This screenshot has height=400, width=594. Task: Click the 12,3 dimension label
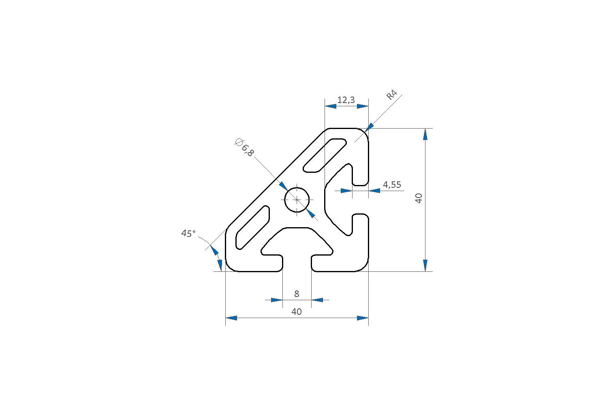(346, 100)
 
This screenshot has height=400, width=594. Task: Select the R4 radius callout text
(392, 95)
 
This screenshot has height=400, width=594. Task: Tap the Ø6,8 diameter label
(244, 147)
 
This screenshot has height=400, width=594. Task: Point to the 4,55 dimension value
(392, 185)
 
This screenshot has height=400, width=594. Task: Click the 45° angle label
(188, 234)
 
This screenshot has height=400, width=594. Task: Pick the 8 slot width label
(297, 294)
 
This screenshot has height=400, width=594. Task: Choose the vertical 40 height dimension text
(419, 198)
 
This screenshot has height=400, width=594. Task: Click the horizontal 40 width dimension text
(297, 312)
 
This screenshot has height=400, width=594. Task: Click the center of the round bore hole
(297, 200)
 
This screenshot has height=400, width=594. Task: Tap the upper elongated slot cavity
(325, 155)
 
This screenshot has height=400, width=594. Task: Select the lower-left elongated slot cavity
(252, 228)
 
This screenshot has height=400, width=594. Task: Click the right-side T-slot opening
(360, 200)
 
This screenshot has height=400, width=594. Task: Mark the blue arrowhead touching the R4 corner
(369, 127)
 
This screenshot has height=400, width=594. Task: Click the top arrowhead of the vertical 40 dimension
(425, 134)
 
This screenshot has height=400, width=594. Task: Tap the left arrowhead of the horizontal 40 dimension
(231, 318)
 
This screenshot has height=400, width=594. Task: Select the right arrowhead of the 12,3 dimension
(363, 106)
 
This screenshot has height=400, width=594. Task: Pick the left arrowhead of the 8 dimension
(277, 300)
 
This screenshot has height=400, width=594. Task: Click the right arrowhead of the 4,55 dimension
(374, 191)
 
